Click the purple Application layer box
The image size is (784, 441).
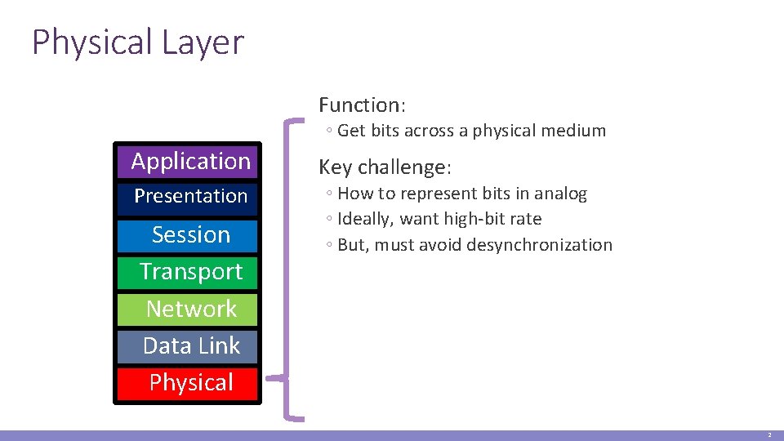tap(190, 162)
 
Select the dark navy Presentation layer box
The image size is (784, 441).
tap(190, 196)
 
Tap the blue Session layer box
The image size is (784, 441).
tap(190, 235)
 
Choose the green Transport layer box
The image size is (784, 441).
tap(190, 272)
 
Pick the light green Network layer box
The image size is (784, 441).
tap(190, 310)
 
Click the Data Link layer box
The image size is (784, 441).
tap(190, 346)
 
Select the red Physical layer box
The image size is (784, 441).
tap(190, 383)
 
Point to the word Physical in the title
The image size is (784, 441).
tap(91, 42)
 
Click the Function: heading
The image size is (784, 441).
tap(362, 105)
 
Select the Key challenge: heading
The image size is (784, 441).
tap(384, 167)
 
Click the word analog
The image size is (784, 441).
tap(560, 194)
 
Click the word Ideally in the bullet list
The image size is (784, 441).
tap(363, 220)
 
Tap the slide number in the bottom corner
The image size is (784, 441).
tap(768, 435)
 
